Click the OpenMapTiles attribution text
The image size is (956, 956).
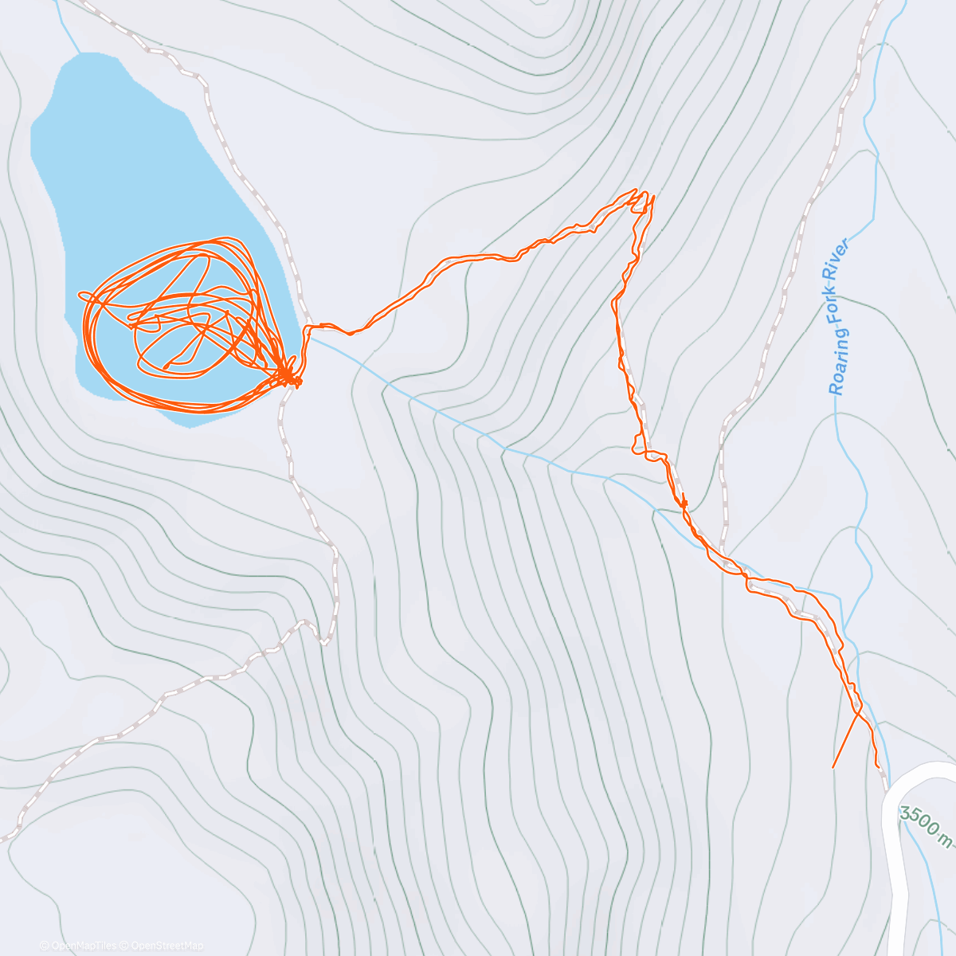(x=84, y=946)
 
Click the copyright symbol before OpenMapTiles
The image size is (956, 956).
(x=45, y=946)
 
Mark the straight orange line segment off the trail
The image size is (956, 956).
(x=846, y=739)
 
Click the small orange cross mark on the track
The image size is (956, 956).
(x=683, y=502)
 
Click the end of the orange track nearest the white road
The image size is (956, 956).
(x=878, y=766)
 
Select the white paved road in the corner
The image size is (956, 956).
(x=900, y=860)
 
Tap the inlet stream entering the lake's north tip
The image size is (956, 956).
(x=78, y=53)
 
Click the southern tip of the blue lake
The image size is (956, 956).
(x=191, y=426)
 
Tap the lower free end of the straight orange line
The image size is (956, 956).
(x=833, y=768)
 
